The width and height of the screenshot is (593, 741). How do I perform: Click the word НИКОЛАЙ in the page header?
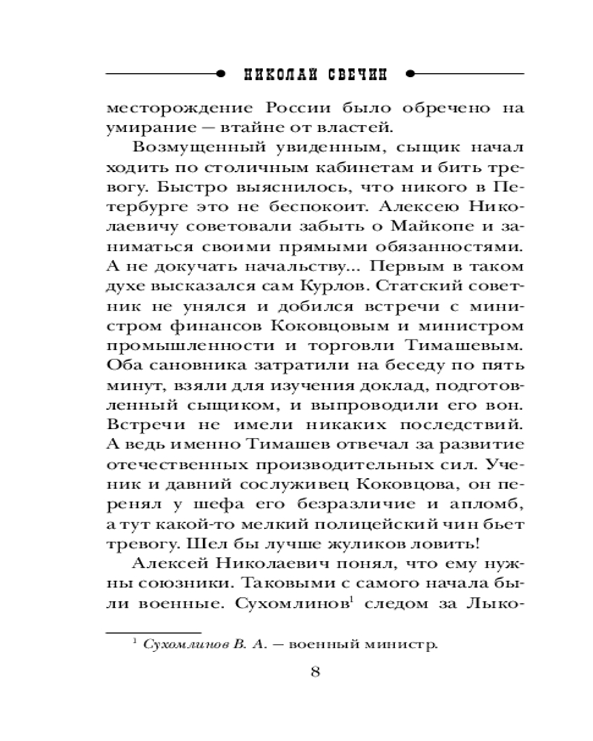click(278, 74)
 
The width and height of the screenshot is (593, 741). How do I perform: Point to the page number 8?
click(315, 672)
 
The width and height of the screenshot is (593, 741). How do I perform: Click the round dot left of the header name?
click(219, 74)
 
